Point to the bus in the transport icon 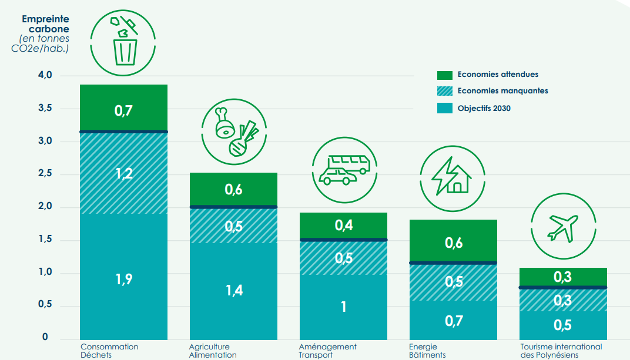coord(348,163)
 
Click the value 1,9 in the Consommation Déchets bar coord(123,279)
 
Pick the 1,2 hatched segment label coord(123,173)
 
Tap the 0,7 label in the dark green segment coord(123,110)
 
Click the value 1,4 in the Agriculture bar coord(233,290)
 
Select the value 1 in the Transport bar coord(343,306)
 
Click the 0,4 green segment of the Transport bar coord(343,225)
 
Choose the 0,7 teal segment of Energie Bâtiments coord(453,321)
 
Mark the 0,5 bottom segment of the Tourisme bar coord(563,325)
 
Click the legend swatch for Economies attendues coord(444,75)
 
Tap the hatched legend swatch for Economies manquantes coord(444,91)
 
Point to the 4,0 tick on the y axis coord(45,75)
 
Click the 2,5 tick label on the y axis coord(45,174)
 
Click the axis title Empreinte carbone coord(45,23)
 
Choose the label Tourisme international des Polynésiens coord(561,351)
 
